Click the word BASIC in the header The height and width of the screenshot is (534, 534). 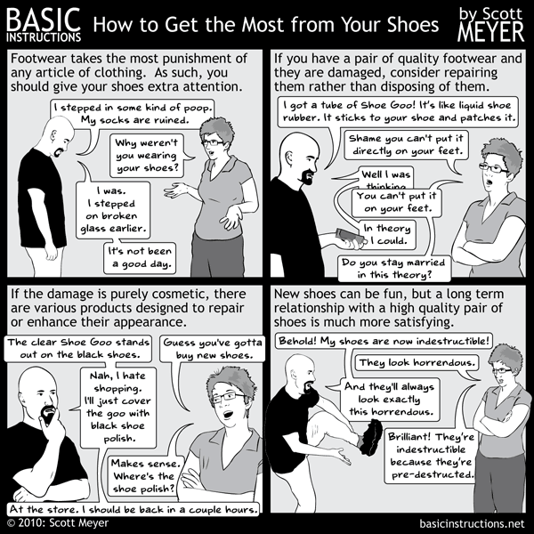[x=44, y=20]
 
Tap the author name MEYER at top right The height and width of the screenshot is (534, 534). [x=490, y=32]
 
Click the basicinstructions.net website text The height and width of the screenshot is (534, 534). [x=472, y=523]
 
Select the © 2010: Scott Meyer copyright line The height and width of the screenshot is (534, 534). [x=58, y=522]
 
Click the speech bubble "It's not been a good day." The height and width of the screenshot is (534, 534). [x=140, y=258]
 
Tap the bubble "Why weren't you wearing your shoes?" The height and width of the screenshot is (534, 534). [x=147, y=155]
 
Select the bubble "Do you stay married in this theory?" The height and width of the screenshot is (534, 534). [x=394, y=269]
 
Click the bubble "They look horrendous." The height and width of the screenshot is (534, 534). [x=417, y=363]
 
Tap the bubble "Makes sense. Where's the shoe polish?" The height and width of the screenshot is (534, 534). [x=144, y=476]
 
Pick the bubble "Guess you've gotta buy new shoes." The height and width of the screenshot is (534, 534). [x=213, y=348]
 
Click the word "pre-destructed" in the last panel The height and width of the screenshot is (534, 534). [x=433, y=474]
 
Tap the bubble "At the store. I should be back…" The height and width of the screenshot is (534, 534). [x=133, y=509]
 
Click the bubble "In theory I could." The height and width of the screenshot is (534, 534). [x=388, y=235]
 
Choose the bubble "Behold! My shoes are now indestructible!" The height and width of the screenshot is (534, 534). [x=384, y=341]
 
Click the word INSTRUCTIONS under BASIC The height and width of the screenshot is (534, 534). [x=44, y=37]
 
